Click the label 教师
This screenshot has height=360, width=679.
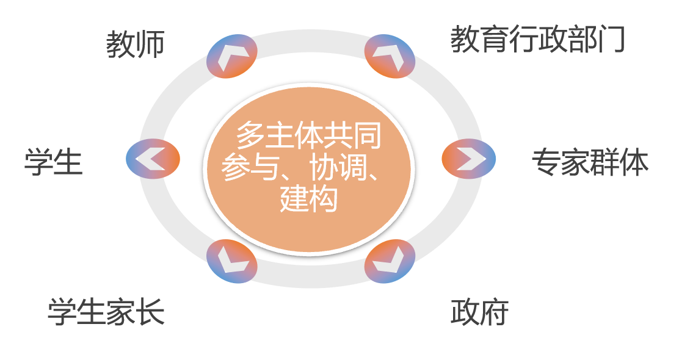pos(135,45)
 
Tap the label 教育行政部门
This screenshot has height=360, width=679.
pos(537,40)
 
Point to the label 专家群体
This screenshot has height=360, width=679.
pos(589,162)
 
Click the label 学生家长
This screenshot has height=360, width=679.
pos(106,312)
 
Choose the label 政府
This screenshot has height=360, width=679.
pos(479,312)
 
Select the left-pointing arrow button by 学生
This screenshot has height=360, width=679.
pos(153,159)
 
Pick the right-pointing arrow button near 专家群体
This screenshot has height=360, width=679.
pos(468,159)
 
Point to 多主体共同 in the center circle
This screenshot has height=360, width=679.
pos(309,136)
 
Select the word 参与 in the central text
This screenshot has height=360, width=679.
pos(250,167)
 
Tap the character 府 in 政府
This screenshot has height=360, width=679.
pos(494,312)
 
